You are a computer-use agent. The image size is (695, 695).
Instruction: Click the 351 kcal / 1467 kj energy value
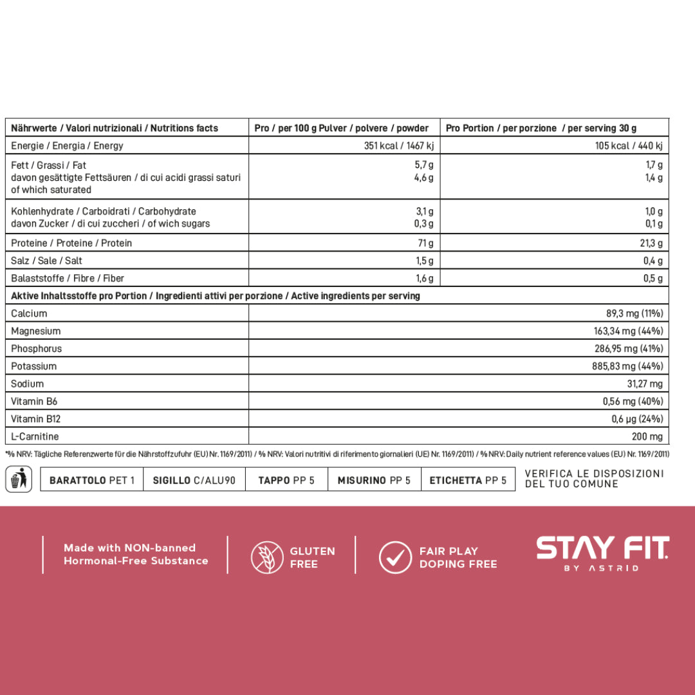tap(398, 145)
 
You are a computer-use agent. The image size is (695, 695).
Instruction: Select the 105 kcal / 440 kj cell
tap(628, 145)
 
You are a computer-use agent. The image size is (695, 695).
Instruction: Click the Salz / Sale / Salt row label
tap(46, 261)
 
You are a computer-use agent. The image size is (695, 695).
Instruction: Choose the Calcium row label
tap(29, 313)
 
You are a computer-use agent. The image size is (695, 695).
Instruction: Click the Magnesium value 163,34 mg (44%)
tap(628, 331)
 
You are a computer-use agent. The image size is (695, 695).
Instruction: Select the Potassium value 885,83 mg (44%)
tap(628, 366)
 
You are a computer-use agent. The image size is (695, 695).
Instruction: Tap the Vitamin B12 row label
tap(36, 419)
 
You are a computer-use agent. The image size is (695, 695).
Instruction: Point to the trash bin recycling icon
tap(19, 479)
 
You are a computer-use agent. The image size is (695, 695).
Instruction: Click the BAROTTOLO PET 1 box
tap(92, 480)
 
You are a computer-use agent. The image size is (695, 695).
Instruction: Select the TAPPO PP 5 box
tap(286, 480)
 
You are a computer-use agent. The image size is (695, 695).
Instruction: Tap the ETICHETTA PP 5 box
tap(468, 480)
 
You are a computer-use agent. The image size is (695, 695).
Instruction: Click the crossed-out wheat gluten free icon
tap(266, 557)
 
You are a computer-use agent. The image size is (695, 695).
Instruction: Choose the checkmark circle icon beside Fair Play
tap(394, 557)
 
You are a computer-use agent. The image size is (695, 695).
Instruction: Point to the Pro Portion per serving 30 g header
tap(541, 128)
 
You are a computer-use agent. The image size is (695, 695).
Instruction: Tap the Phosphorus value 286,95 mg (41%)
tap(628, 349)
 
